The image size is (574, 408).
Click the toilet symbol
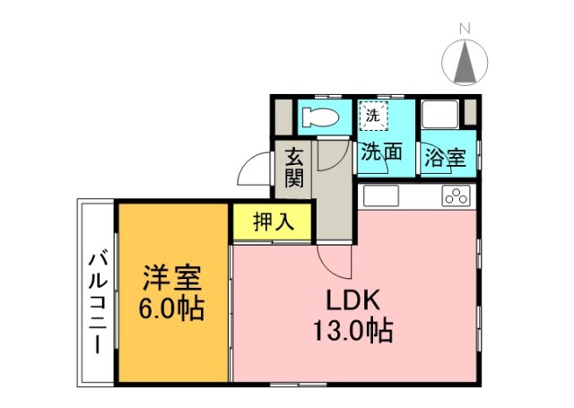[318, 117]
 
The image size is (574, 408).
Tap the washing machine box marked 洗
[372, 115]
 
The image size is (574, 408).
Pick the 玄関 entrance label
[294, 167]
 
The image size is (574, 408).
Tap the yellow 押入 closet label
[273, 221]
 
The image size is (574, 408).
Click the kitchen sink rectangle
[379, 195]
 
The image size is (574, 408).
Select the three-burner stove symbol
[457, 196]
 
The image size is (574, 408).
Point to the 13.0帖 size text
[352, 332]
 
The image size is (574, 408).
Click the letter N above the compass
[465, 29]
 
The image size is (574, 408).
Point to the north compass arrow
[465, 61]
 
